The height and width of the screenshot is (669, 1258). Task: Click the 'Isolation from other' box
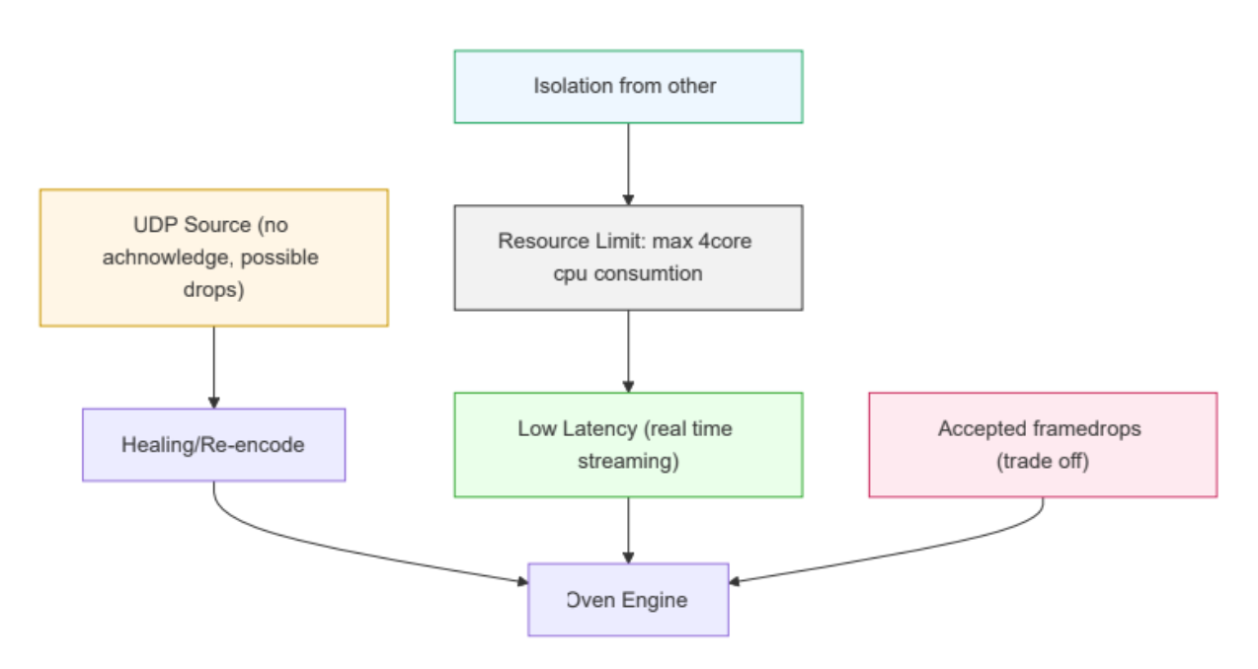628,87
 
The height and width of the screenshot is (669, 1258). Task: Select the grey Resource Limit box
628,258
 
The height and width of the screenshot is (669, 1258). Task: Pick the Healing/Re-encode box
213,445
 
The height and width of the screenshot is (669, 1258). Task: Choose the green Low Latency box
628,445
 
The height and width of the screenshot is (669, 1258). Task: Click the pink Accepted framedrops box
1043,445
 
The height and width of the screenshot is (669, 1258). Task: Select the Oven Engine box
628,600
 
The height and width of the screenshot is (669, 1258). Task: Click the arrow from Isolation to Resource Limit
628,164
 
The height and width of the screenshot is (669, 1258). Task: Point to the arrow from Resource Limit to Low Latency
628,350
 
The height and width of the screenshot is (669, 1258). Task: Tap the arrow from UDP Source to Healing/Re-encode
213,366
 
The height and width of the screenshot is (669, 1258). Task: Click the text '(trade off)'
1043,461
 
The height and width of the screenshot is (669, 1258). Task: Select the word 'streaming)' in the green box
628,461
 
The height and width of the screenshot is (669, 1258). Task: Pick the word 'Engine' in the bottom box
657,600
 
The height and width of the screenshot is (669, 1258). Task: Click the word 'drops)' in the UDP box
213,292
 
